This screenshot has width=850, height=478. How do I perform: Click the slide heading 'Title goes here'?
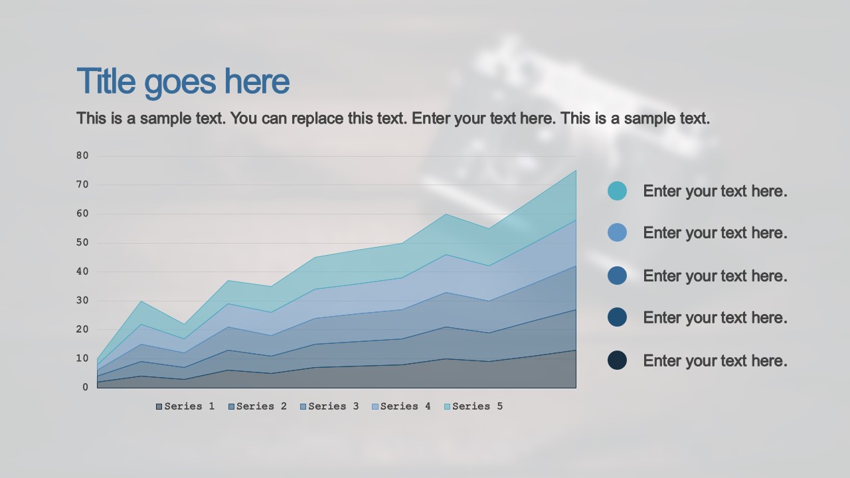point(183,82)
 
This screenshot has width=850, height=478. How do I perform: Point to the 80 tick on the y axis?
point(82,156)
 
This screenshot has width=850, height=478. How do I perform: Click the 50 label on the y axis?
point(82,243)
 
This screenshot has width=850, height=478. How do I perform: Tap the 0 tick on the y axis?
point(85,387)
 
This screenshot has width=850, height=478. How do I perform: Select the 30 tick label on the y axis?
point(82,301)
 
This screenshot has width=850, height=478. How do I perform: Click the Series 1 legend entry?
point(185,406)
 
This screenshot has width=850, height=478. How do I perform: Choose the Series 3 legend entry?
point(329,406)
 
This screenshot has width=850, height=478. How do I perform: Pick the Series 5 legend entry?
point(473,406)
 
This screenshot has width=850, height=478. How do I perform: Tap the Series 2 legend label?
point(258,406)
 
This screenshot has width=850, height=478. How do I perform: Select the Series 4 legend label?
point(401,406)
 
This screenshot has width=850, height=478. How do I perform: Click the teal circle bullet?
point(617,191)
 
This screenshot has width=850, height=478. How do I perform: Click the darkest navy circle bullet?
point(617,360)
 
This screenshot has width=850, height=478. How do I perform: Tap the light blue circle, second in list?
point(617,232)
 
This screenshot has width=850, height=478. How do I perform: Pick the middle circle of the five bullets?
point(617,276)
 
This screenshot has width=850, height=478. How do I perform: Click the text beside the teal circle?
point(715,191)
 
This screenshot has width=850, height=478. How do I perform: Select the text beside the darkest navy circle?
point(715,361)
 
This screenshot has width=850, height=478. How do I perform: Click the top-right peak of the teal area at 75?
point(575,171)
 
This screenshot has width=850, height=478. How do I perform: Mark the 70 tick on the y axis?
point(82,185)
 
